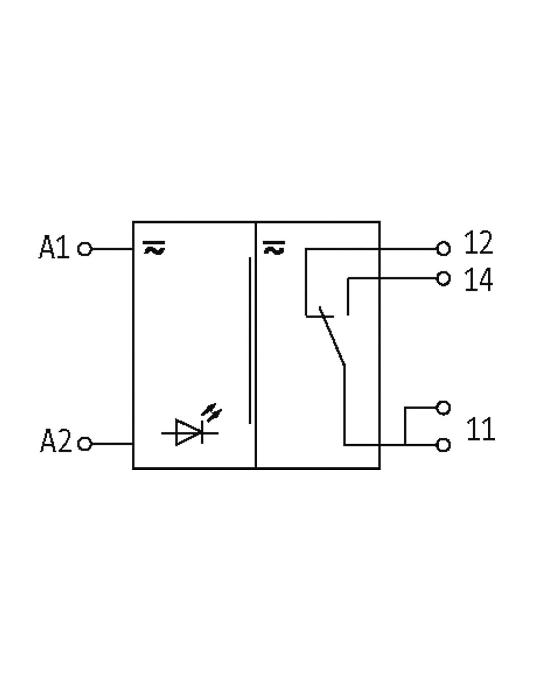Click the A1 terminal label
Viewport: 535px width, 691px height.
tap(53, 247)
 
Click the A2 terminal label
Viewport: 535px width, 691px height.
tap(56, 441)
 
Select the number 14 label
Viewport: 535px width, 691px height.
tap(479, 279)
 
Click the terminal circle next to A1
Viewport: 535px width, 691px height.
tap(85, 249)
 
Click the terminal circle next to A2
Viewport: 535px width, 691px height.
tap(85, 444)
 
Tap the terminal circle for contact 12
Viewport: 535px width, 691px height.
tap(443, 248)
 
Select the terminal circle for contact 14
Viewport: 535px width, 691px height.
tap(443, 278)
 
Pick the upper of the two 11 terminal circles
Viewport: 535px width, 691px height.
tap(443, 408)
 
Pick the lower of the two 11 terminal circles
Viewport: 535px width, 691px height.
tap(443, 445)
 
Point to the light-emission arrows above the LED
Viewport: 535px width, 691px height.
tap(212, 413)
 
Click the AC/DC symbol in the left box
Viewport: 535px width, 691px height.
tap(154, 248)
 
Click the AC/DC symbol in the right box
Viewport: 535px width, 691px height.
tap(274, 247)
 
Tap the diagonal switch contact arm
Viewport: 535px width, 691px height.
tap(332, 336)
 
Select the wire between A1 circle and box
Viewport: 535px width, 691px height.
tap(112, 249)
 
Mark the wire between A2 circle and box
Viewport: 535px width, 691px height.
tap(112, 444)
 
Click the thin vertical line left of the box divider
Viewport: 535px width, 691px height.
tap(250, 341)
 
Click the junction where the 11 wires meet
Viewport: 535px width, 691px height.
tap(405, 445)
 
